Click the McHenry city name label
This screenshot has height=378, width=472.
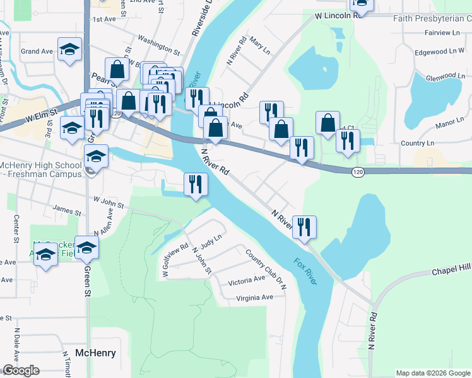[95, 353]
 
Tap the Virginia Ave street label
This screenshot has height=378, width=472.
[254, 297]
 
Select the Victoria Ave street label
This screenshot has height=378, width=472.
[247, 279]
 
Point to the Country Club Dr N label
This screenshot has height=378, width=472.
[266, 269]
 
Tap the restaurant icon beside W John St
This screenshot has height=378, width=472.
[196, 184]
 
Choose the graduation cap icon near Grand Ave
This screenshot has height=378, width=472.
[69, 49]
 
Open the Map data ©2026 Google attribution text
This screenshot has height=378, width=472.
[432, 373]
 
